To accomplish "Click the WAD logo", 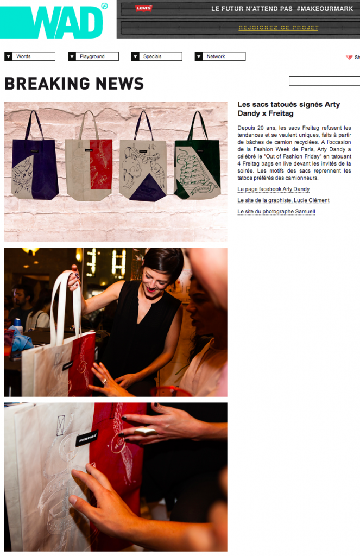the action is [53, 20].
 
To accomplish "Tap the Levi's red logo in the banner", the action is [144, 8].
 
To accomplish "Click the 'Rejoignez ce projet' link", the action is [279, 28].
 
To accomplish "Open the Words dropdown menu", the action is [30, 56].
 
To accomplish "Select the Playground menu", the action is [93, 56].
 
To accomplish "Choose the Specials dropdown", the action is [157, 56].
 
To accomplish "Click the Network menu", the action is [220, 56].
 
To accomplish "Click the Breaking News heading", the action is [74, 84].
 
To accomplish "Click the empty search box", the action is [325, 81].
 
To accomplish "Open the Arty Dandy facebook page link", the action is [274, 189].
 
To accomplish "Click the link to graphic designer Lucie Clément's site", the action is [283, 200].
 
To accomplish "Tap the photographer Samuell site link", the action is [276, 212].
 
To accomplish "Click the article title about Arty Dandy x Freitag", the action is [289, 109].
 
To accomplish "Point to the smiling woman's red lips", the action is [152, 289].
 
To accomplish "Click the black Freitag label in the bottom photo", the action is [86, 439].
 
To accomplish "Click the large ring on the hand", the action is [146, 432].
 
